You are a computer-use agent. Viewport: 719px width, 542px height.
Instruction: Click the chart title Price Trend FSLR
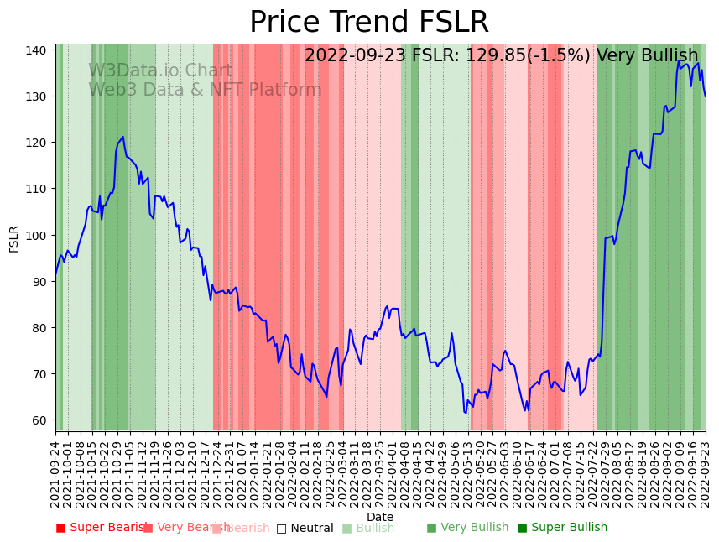click(369, 23)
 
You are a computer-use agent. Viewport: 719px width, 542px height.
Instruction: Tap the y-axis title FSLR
click(14, 238)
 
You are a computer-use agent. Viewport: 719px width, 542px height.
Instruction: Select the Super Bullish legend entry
click(562, 528)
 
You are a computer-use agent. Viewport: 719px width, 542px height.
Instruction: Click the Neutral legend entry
click(305, 529)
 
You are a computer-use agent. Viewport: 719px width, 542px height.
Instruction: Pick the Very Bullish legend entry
click(467, 528)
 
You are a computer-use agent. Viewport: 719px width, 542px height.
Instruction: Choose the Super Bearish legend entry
click(102, 528)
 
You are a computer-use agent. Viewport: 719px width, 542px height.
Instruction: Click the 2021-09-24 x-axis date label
click(55, 474)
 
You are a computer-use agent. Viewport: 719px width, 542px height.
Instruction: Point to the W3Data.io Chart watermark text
click(160, 70)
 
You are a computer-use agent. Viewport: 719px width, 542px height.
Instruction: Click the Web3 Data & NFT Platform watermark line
click(205, 90)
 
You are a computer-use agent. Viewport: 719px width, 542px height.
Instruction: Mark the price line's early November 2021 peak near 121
click(122, 137)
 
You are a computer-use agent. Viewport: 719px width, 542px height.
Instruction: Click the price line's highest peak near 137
click(679, 61)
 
